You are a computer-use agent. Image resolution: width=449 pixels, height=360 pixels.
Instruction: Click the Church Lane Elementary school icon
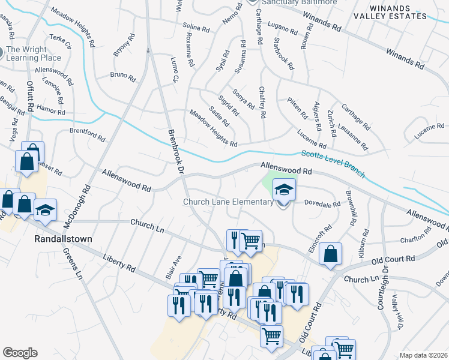pyautogui.click(x=284, y=191)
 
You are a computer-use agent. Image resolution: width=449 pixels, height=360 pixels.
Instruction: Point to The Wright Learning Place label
pyautogui.click(x=34, y=53)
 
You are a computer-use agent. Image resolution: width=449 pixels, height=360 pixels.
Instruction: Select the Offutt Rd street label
pyautogui.click(x=29, y=97)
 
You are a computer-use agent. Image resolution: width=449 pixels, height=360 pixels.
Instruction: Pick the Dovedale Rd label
pyautogui.click(x=324, y=204)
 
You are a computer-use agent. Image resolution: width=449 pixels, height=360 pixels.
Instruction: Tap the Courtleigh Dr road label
pyautogui.click(x=381, y=293)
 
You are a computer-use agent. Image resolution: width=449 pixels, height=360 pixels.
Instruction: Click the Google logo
pyautogui.click(x=20, y=353)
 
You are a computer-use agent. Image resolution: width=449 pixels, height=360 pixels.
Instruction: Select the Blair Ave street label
pyautogui.click(x=173, y=266)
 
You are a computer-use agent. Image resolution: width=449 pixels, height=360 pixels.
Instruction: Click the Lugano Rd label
pyautogui.click(x=283, y=28)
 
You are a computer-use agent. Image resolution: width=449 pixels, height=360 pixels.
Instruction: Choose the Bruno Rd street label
pyautogui.click(x=123, y=76)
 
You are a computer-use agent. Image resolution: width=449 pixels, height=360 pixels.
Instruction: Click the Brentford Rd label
pyautogui.click(x=87, y=131)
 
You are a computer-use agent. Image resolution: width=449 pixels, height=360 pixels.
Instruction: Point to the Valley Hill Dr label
pyautogui.click(x=396, y=313)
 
